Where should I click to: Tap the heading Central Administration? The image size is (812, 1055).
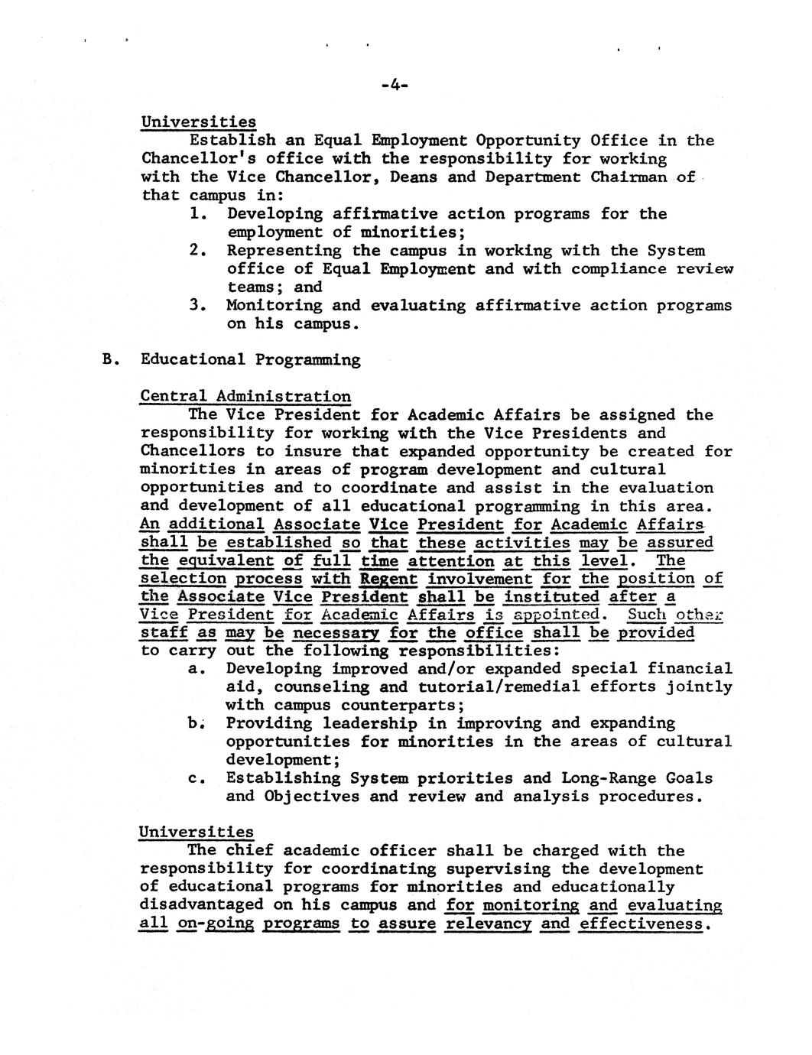pos(245,397)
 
